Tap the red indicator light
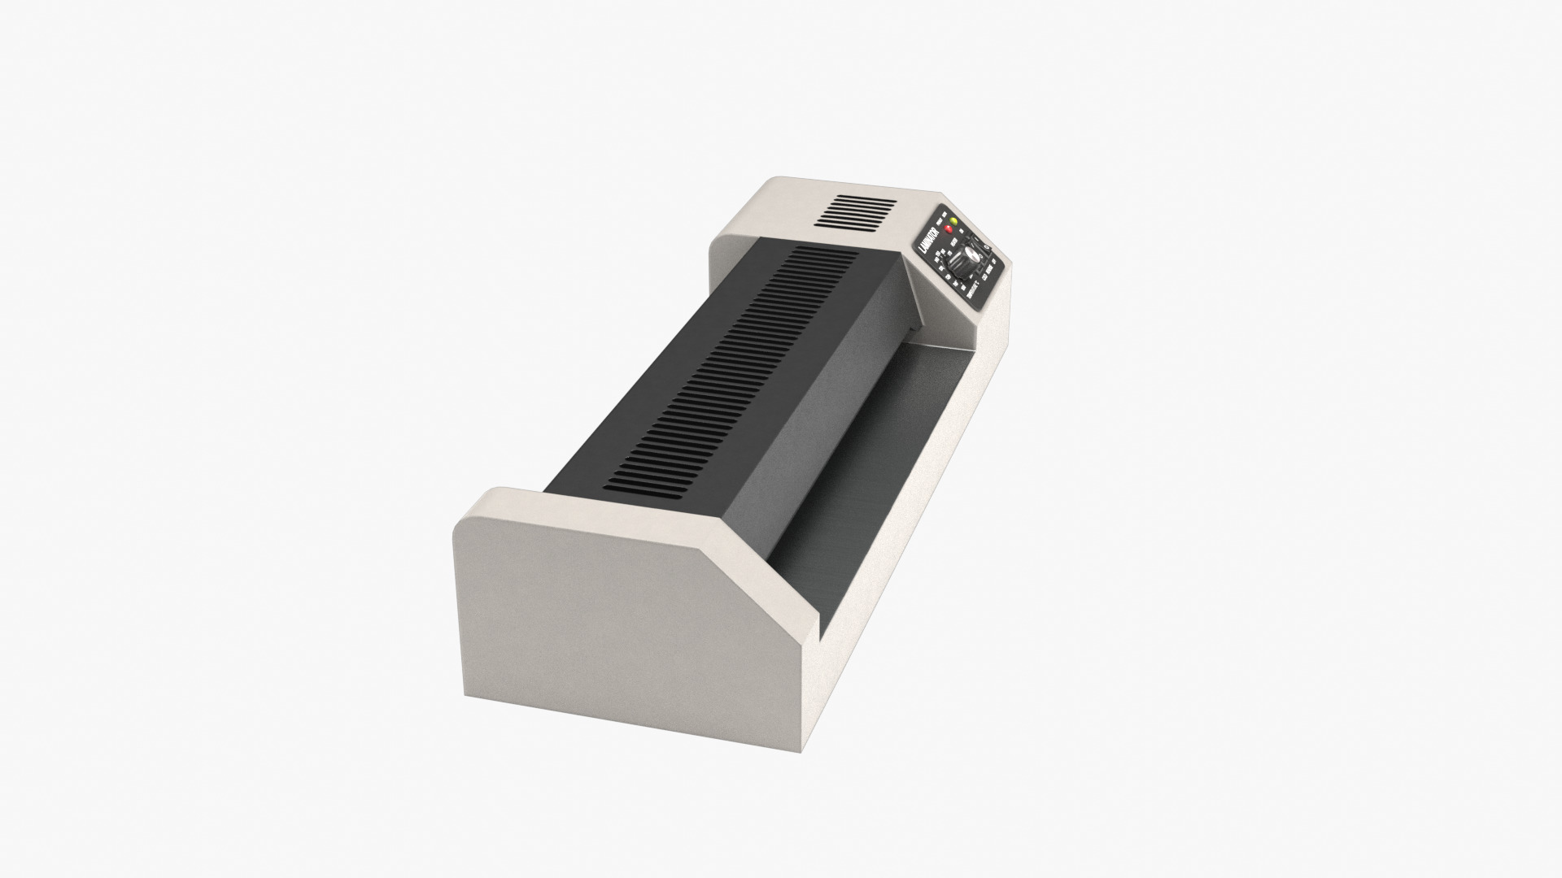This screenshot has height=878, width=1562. coord(949,233)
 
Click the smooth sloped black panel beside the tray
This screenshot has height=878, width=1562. coord(814,406)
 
